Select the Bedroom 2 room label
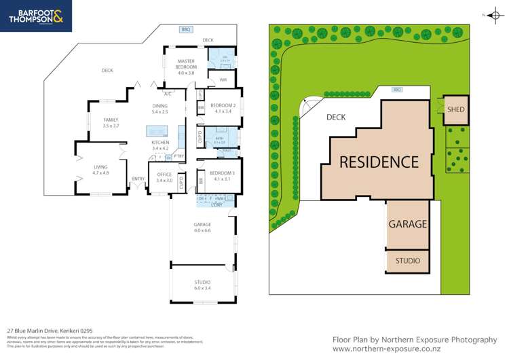pyautogui.click(x=223, y=106)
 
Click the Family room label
pyautogui.click(x=111, y=120)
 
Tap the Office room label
pyautogui.click(x=164, y=175)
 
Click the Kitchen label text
pyautogui.click(x=160, y=143)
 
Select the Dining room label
pyautogui.click(x=159, y=106)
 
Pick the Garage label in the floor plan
pyautogui.click(x=202, y=224)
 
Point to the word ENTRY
pyautogui.click(x=138, y=179)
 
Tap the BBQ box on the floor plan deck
pyautogui.click(x=185, y=29)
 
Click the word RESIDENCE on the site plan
pyautogui.click(x=379, y=162)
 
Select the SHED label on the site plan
pyautogui.click(x=455, y=110)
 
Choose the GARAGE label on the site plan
pyautogui.click(x=408, y=224)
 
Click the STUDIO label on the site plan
pyautogui.click(x=408, y=261)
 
